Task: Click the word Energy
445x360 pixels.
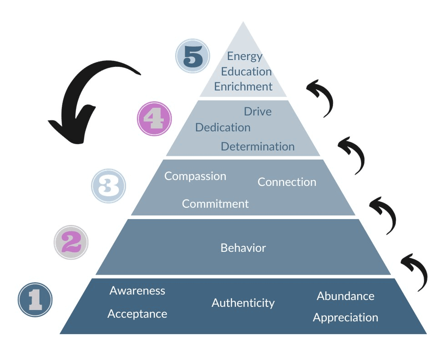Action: click(x=245, y=56)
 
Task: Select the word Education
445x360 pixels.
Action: click(x=246, y=71)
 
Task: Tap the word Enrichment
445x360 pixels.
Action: click(x=243, y=86)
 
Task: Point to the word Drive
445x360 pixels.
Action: click(x=258, y=111)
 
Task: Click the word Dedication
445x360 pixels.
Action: click(x=222, y=128)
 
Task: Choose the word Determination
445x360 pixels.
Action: click(x=258, y=146)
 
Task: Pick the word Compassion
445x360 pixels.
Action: click(x=195, y=176)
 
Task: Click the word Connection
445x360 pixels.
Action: click(x=287, y=182)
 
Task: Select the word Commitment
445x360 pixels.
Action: click(x=215, y=204)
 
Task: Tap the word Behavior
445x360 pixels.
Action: click(x=243, y=248)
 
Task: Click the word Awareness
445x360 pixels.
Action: click(x=137, y=290)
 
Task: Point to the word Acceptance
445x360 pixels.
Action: click(x=137, y=314)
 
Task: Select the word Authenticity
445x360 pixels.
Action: click(x=243, y=303)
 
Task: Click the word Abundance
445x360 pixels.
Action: click(x=345, y=296)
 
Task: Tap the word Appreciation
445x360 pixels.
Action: click(x=345, y=317)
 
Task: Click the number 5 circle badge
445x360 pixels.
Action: click(x=192, y=56)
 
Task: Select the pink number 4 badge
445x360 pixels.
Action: click(x=154, y=119)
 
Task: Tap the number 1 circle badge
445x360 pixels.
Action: click(x=35, y=300)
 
